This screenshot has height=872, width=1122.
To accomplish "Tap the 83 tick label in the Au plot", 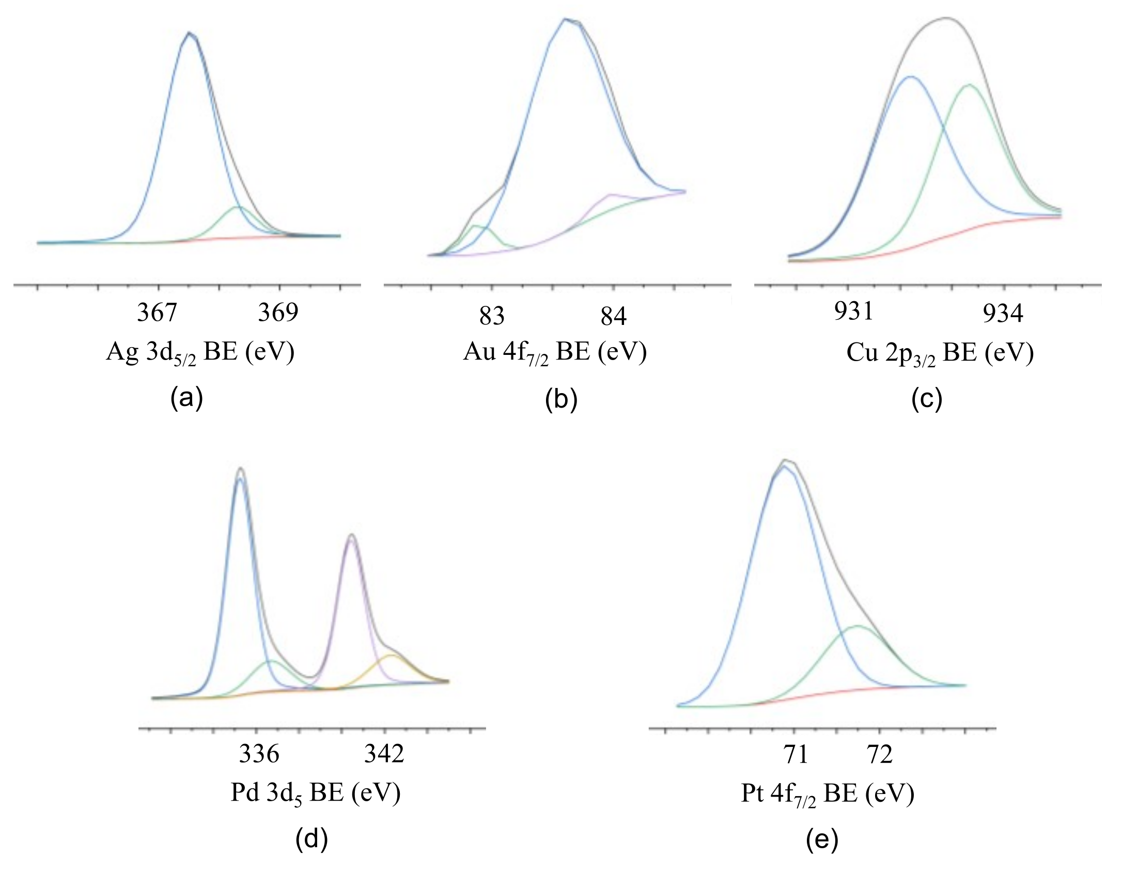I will tap(491, 316).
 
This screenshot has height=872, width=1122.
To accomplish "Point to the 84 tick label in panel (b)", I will tap(613, 316).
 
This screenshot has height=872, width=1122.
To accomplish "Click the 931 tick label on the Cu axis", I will tap(853, 312).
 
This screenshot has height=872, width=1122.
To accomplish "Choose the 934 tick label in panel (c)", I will tap(1003, 314).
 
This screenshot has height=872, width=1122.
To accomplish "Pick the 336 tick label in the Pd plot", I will tap(259, 754).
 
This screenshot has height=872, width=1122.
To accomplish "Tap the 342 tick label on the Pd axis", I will tap(384, 754).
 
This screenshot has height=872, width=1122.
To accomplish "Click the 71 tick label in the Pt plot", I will tap(796, 755).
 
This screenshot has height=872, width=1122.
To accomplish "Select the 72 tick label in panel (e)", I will tap(880, 755).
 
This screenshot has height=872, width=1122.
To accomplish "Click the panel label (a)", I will tap(186, 399).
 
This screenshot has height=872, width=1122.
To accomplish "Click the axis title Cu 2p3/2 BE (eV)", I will tap(940, 354).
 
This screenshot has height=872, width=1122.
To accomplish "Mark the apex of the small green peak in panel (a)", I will tap(238, 207).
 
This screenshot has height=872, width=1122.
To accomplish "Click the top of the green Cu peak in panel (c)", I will tap(969, 85).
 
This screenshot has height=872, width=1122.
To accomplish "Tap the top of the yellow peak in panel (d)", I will tap(392, 655).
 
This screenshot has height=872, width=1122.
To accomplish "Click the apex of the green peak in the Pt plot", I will tap(858, 626).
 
